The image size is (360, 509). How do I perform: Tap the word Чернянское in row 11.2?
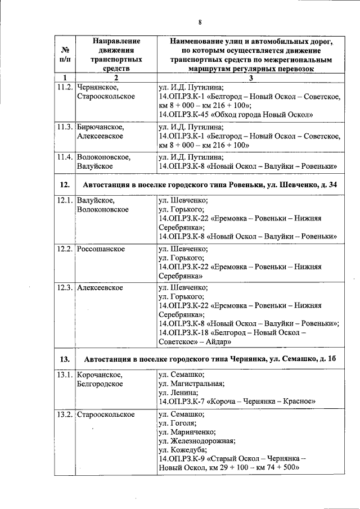point(97,87)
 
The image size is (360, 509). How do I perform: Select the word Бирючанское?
point(100,127)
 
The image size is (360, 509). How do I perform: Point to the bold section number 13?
point(64,359)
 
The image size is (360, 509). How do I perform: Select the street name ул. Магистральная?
point(191,384)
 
